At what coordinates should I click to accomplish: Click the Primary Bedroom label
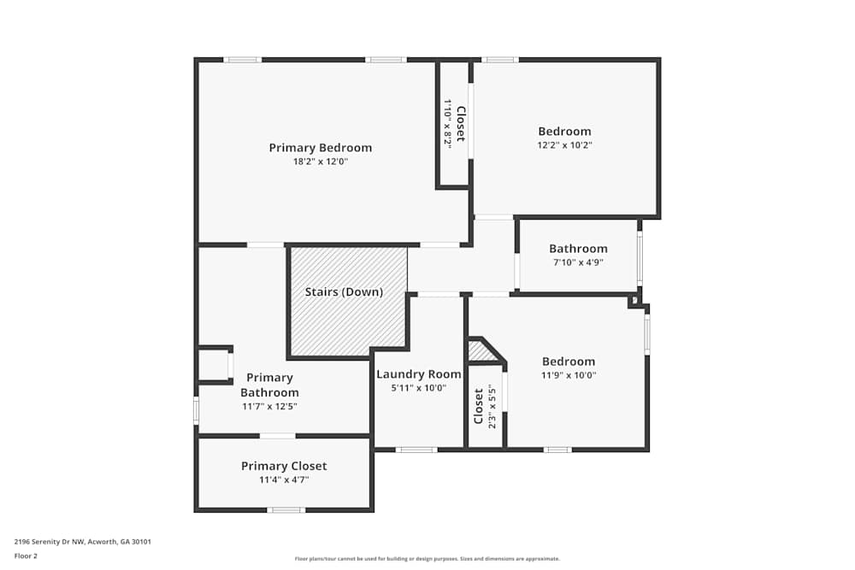click(321, 148)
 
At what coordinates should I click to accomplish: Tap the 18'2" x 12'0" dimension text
click(321, 162)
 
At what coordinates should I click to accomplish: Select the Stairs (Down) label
click(344, 292)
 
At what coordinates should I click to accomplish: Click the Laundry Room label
click(419, 374)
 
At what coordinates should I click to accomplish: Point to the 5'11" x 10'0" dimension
click(419, 388)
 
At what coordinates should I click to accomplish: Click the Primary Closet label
click(284, 466)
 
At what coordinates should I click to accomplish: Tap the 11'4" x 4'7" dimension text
click(284, 480)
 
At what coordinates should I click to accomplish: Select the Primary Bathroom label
click(270, 385)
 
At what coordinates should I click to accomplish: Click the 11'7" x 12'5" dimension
click(270, 407)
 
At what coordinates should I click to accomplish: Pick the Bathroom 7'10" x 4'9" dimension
click(578, 262)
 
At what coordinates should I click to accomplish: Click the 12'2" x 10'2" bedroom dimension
click(564, 145)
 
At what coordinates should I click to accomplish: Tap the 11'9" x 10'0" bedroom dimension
click(569, 375)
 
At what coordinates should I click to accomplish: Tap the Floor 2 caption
click(26, 555)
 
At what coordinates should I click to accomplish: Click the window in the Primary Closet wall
click(286, 510)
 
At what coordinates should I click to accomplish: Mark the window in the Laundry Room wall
click(416, 450)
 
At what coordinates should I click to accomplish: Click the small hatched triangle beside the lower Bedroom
click(479, 350)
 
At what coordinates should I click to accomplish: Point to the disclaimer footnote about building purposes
click(427, 559)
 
